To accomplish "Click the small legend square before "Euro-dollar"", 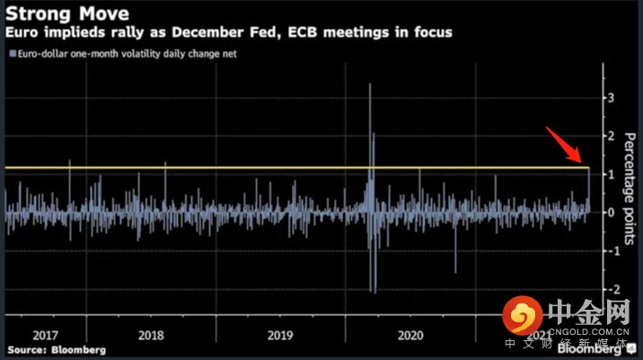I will tap(11, 54).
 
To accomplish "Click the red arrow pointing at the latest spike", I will tap(568, 147).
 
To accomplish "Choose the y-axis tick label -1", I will tap(608, 251).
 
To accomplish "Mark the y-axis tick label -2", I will tap(608, 289).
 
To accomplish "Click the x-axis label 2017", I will tap(45, 334).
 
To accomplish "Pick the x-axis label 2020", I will tap(410, 334).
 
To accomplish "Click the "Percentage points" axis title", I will tap(630, 188).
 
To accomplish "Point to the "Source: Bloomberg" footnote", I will tap(57, 349).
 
